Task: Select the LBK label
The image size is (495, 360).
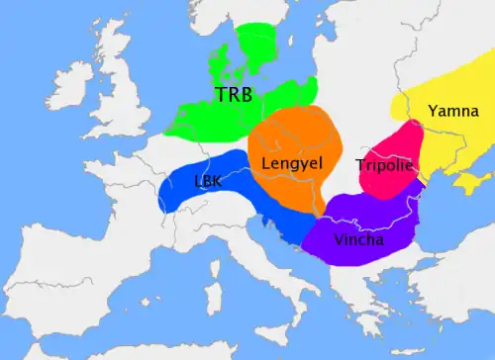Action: pyautogui.click(x=208, y=182)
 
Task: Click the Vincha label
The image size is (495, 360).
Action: pyautogui.click(x=360, y=239)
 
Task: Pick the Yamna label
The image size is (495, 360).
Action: pyautogui.click(x=452, y=111)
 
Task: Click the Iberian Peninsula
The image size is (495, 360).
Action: pyautogui.click(x=69, y=287)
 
